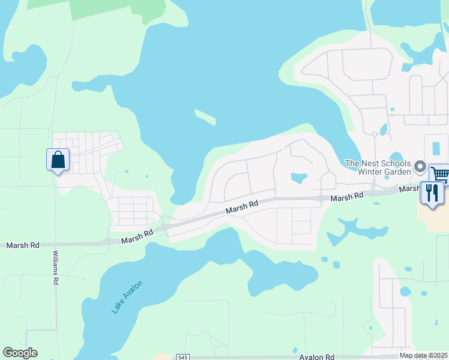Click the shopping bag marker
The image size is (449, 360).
58,160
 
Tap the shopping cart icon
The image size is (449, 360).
441,173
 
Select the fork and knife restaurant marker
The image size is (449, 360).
432,193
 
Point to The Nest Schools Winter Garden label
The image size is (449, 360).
378,167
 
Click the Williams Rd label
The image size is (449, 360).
55,268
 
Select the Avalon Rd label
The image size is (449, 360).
317,356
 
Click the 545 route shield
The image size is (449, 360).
184,357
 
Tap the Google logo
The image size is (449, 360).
20,353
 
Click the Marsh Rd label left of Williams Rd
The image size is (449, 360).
23,245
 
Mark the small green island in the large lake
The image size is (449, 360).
205,117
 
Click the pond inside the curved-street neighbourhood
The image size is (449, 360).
298,178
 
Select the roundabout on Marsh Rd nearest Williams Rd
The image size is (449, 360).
110,242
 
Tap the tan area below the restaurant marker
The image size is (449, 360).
437,219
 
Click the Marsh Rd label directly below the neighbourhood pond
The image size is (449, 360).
347,196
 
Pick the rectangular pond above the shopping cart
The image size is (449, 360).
436,146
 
